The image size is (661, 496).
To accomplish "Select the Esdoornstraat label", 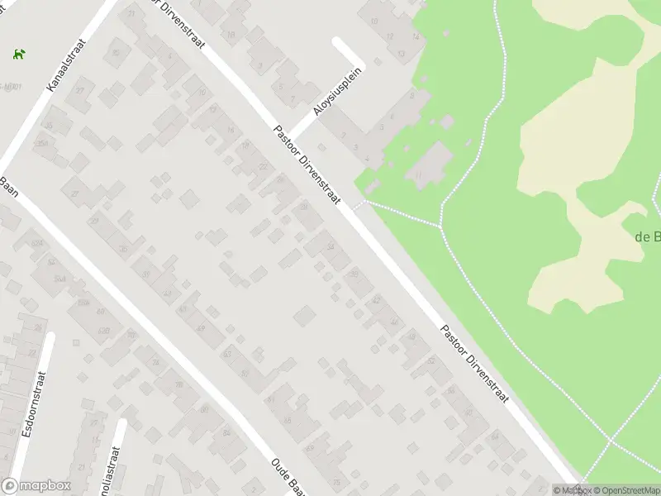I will pyautogui.click(x=34, y=408).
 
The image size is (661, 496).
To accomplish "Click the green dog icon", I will pyautogui.click(x=17, y=55).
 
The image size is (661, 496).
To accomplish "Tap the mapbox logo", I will pyautogui.click(x=36, y=486).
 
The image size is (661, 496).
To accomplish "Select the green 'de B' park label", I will pyautogui.click(x=647, y=236).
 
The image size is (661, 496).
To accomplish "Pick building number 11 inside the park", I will pyautogui.click(x=419, y=175).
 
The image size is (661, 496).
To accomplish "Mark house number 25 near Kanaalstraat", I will pyautogui.click(x=81, y=90).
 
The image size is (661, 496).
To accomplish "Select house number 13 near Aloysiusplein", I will pyautogui.click(x=230, y=34).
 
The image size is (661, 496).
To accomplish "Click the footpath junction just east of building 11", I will pyautogui.click(x=440, y=225).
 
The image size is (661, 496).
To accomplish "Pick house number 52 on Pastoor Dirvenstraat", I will pyautogui.click(x=430, y=360).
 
